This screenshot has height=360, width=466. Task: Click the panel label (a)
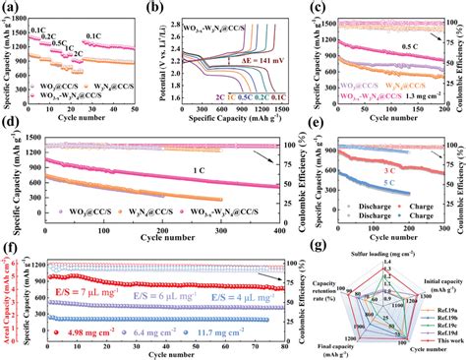click(x=10, y=7)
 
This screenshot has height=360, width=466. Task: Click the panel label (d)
click(x=10, y=127)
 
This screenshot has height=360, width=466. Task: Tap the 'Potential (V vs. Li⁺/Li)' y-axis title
click(x=164, y=53)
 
